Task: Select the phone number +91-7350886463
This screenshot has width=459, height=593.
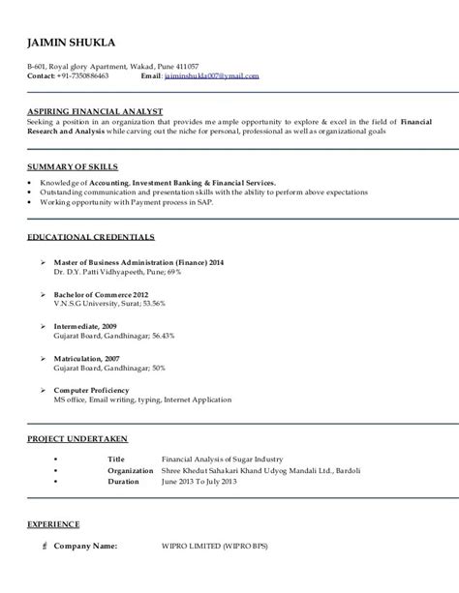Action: click(82, 74)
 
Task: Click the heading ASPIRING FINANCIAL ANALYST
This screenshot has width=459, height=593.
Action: click(95, 112)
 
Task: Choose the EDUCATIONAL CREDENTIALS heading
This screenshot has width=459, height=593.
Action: click(90, 236)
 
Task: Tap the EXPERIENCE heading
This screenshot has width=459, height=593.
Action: click(53, 523)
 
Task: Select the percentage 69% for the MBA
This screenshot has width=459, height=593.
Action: click(172, 273)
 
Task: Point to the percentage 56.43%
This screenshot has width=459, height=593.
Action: click(159, 336)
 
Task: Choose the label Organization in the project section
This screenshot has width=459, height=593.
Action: click(131, 443)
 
